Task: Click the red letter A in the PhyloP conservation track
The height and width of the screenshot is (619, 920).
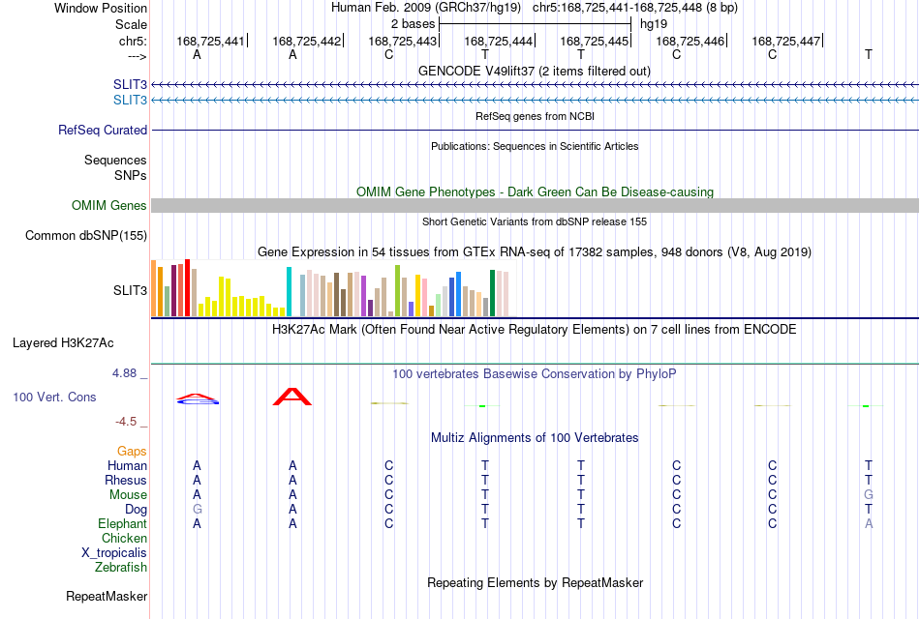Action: click(x=292, y=397)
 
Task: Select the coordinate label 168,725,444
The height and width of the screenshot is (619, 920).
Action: click(x=498, y=41)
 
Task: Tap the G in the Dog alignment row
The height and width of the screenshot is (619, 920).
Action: click(x=198, y=510)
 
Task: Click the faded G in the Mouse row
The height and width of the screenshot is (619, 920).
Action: click(x=869, y=495)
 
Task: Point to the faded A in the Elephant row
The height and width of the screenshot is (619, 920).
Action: click(x=869, y=523)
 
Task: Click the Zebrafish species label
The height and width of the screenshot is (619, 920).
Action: click(x=121, y=568)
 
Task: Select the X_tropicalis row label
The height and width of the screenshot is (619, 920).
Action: click(x=114, y=553)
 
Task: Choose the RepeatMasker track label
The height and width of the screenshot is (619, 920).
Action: click(x=107, y=596)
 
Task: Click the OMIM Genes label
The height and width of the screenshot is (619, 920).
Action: click(x=109, y=205)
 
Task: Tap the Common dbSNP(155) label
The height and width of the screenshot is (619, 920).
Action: click(x=86, y=236)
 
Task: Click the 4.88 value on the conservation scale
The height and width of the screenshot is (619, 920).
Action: click(x=124, y=373)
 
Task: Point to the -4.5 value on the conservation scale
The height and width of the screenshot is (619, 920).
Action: click(x=126, y=422)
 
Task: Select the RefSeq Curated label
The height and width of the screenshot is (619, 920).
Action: click(x=103, y=131)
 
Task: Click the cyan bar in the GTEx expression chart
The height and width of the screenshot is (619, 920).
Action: click(x=289, y=291)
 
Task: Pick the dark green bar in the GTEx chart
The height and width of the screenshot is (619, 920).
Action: click(x=492, y=293)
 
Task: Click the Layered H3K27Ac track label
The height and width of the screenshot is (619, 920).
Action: click(x=63, y=343)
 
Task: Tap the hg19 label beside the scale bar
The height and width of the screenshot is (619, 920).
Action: click(x=654, y=24)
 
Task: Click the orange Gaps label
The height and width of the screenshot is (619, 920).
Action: click(x=132, y=452)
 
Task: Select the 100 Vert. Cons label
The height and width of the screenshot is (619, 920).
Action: click(x=54, y=397)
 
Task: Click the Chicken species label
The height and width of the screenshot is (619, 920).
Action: click(x=124, y=538)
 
